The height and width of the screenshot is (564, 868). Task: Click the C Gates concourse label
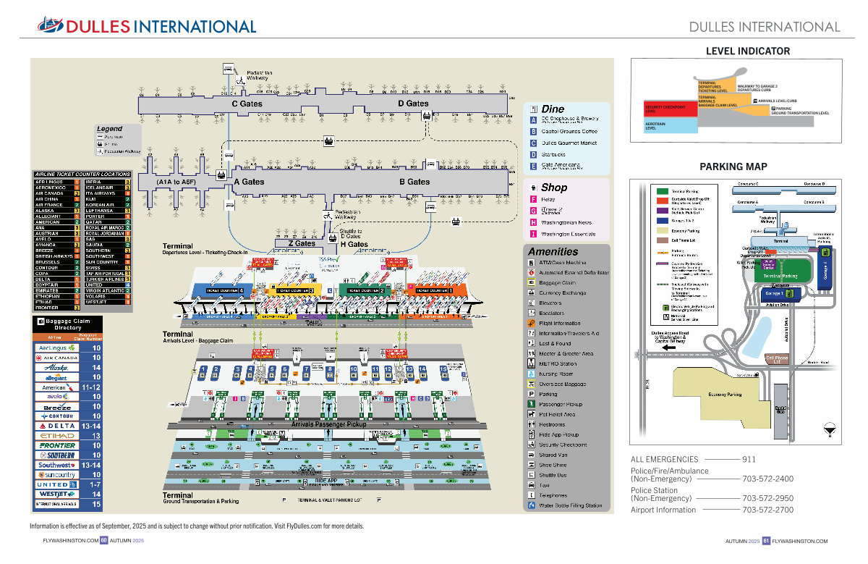point(247,104)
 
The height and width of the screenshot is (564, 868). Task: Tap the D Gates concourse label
point(413,104)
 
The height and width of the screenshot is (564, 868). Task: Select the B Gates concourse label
point(414,182)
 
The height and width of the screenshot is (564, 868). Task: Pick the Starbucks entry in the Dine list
point(553,154)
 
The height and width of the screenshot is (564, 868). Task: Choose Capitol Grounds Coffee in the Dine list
point(569,131)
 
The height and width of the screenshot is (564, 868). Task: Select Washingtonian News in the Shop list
point(566,222)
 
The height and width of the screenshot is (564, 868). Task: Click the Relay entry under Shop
point(548,199)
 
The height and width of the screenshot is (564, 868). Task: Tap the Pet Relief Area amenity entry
point(561,414)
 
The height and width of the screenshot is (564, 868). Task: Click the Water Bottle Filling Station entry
point(570,505)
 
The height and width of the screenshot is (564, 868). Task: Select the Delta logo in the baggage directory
point(56,426)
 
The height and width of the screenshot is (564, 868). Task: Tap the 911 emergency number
point(749,459)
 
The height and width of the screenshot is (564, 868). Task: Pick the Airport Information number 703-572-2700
point(767,510)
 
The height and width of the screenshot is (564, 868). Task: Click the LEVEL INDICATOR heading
point(747,51)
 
